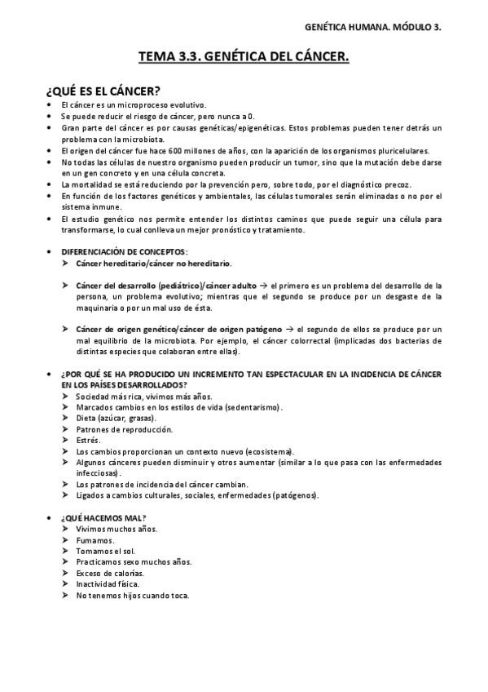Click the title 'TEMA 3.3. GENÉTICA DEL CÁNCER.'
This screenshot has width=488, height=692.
pyautogui.click(x=244, y=57)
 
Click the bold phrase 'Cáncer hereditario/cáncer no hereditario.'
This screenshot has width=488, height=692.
pyautogui.click(x=153, y=264)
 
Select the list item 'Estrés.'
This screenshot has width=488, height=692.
pyautogui.click(x=89, y=440)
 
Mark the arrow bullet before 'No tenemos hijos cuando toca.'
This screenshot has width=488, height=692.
pyautogui.click(x=66, y=596)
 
